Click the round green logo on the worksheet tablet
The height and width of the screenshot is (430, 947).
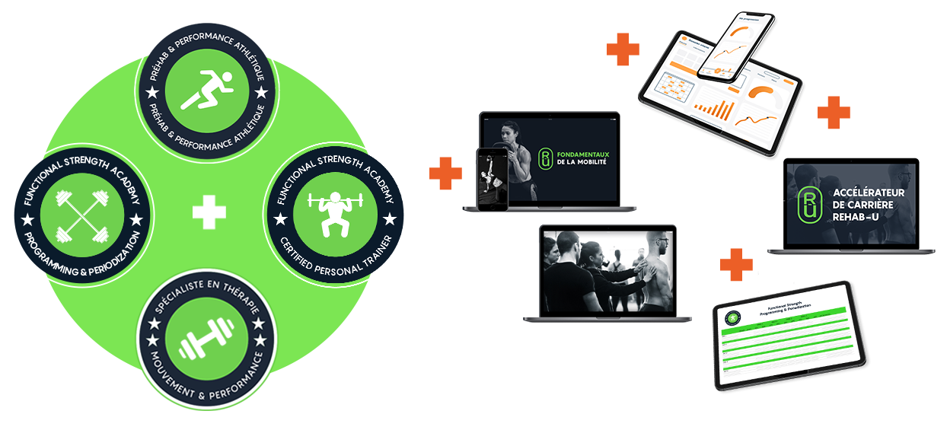(x=733, y=317)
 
